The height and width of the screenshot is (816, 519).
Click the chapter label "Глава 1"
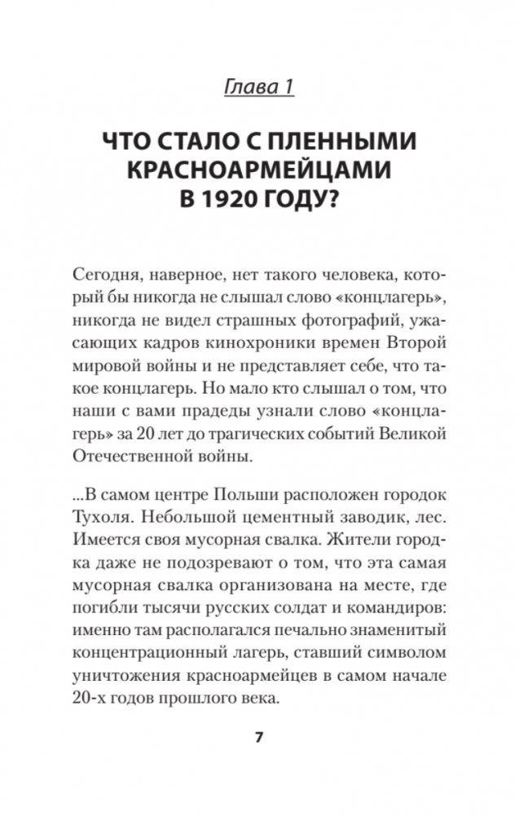pos(259,83)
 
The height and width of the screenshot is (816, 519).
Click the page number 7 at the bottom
pos(259,738)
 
